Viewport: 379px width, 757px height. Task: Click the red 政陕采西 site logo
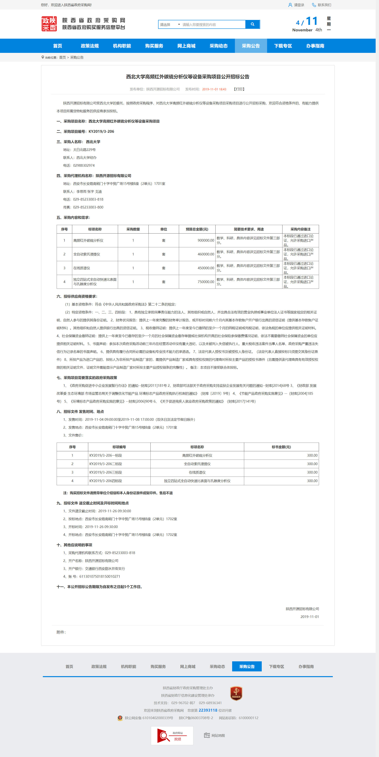pos(49,24)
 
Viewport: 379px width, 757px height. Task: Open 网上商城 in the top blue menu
pos(186,46)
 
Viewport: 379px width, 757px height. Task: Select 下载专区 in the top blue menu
pos(283,46)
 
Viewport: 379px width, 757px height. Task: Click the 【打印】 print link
pos(239,89)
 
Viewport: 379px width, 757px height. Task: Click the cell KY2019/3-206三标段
pos(106,472)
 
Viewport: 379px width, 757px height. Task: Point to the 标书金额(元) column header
pos(281,447)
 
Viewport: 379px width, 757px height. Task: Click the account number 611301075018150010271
pos(100,576)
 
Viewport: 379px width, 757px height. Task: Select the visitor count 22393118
pos(208,710)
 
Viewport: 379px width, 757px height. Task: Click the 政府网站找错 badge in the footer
pos(172,735)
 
